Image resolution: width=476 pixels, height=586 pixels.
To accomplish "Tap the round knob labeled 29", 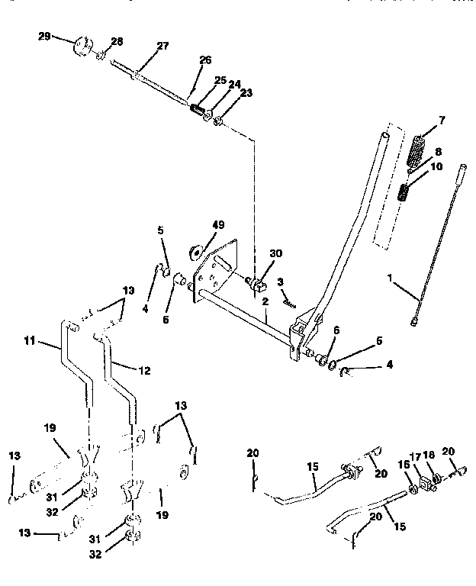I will coord(81,47).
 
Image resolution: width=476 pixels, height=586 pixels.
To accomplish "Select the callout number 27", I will coord(162,46).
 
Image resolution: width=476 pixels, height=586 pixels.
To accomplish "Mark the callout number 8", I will coord(437,152).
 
